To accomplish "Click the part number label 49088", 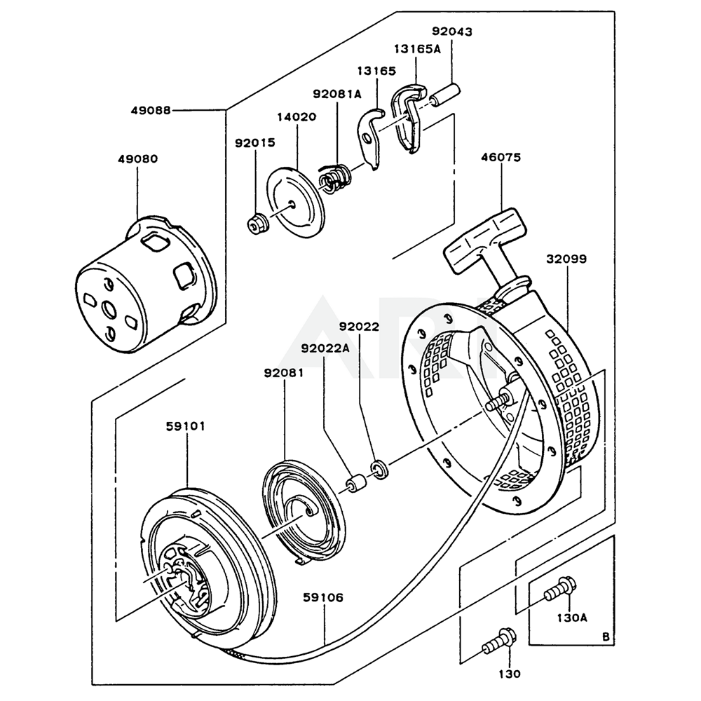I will pos(151,109).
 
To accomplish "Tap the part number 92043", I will pos(451,32).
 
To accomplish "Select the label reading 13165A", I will pos(417,49).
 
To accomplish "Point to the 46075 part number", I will pos(501,158).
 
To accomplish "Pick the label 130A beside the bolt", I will pos(572,618).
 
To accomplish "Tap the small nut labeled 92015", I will pos(257,224).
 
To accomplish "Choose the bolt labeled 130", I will pos(497,639).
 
